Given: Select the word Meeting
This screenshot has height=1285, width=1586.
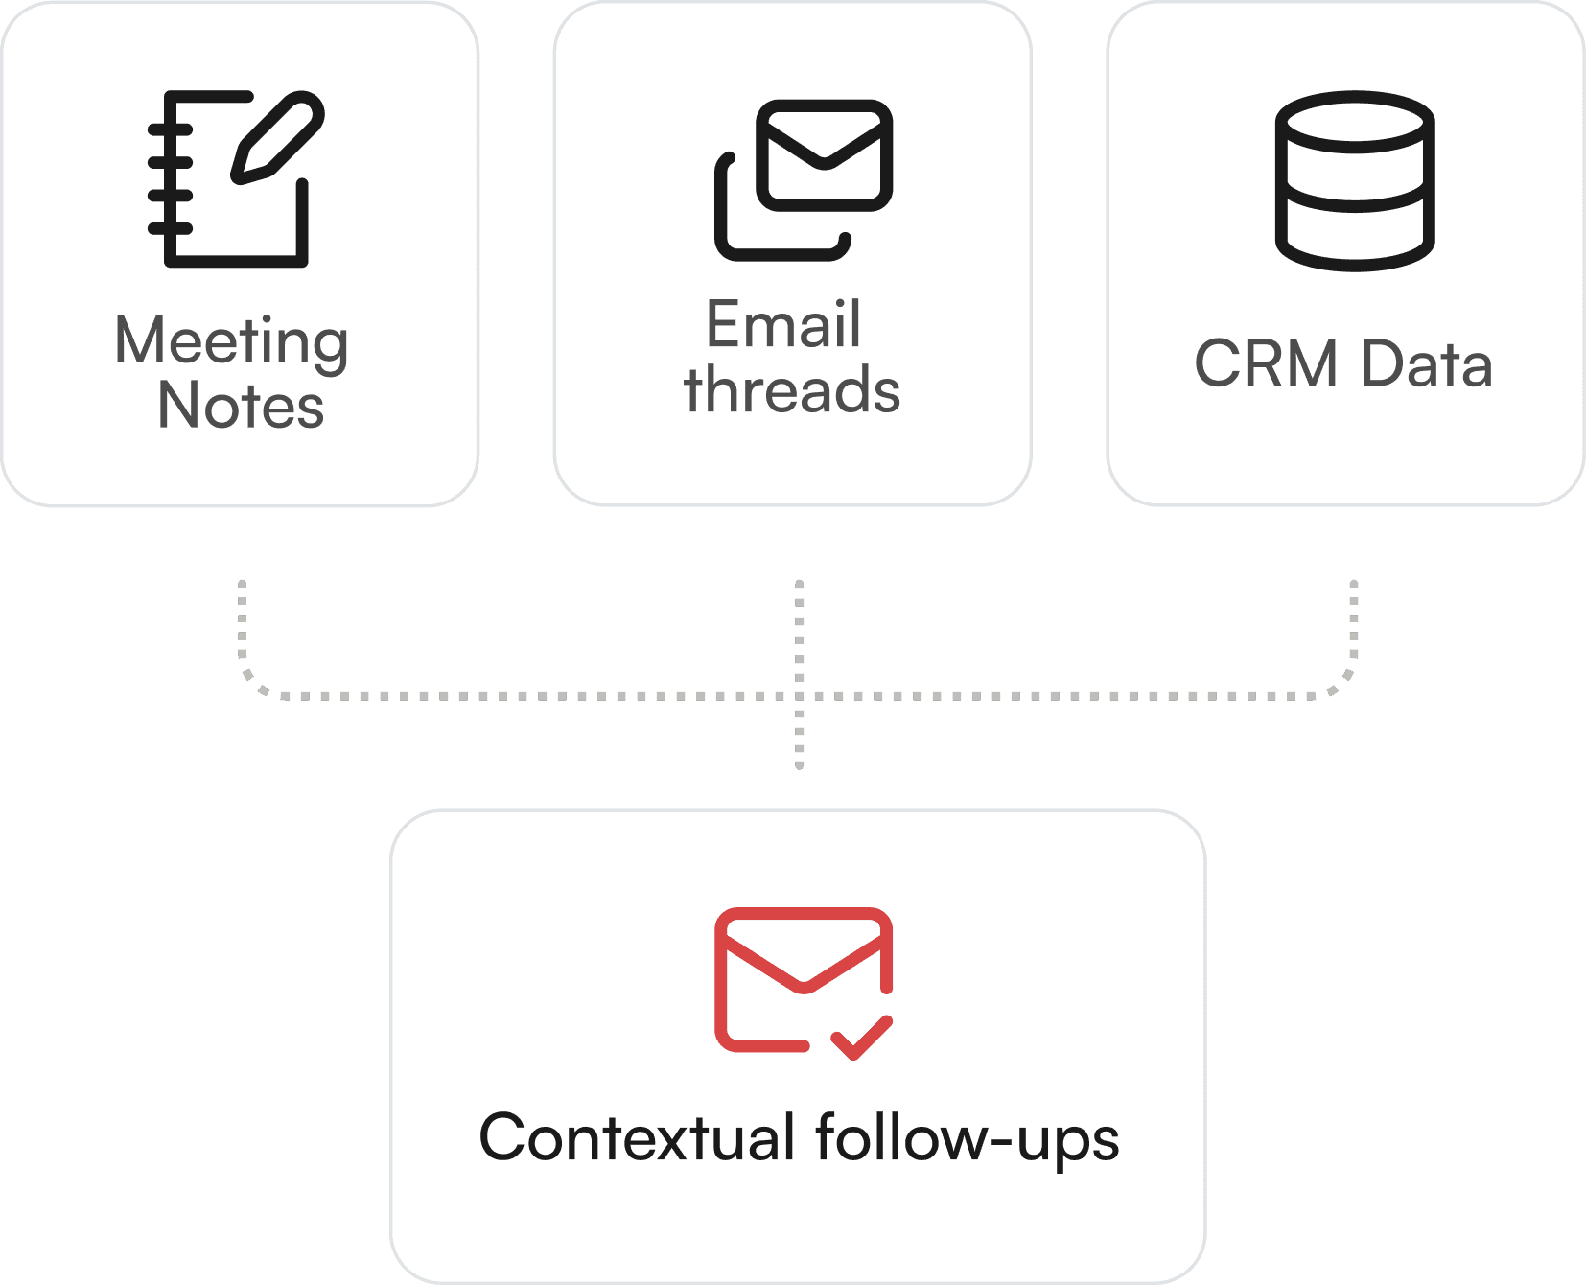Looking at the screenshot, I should [x=231, y=341].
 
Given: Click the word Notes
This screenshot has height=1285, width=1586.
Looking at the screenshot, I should [x=241, y=406].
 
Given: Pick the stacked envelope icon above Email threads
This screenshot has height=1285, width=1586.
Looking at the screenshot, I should [x=804, y=179].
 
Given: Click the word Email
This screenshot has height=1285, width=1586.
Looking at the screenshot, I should [x=783, y=325].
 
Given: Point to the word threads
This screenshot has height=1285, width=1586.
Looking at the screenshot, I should [x=792, y=390].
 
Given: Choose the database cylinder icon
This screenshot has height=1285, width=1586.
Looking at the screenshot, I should [x=1354, y=180].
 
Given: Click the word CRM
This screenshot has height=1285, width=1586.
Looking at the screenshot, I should [x=1266, y=364].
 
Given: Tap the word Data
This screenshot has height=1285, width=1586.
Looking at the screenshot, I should [x=1427, y=364].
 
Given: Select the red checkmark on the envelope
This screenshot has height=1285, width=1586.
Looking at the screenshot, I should [x=862, y=1038].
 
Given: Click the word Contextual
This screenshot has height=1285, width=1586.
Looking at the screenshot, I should [x=637, y=1138].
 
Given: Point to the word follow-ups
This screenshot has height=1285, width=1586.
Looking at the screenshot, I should [x=967, y=1138].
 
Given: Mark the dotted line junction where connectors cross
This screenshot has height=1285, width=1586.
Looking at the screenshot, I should [x=800, y=696].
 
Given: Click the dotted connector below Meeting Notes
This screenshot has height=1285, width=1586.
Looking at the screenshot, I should [x=243, y=623].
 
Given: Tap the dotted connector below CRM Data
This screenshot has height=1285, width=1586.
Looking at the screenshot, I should [x=1354, y=623].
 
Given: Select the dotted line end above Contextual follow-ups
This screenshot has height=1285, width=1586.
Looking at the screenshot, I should [x=800, y=764].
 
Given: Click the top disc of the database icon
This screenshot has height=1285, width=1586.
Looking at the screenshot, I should [x=1354, y=122].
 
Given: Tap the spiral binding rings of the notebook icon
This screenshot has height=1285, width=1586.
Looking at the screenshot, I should [x=170, y=178].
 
